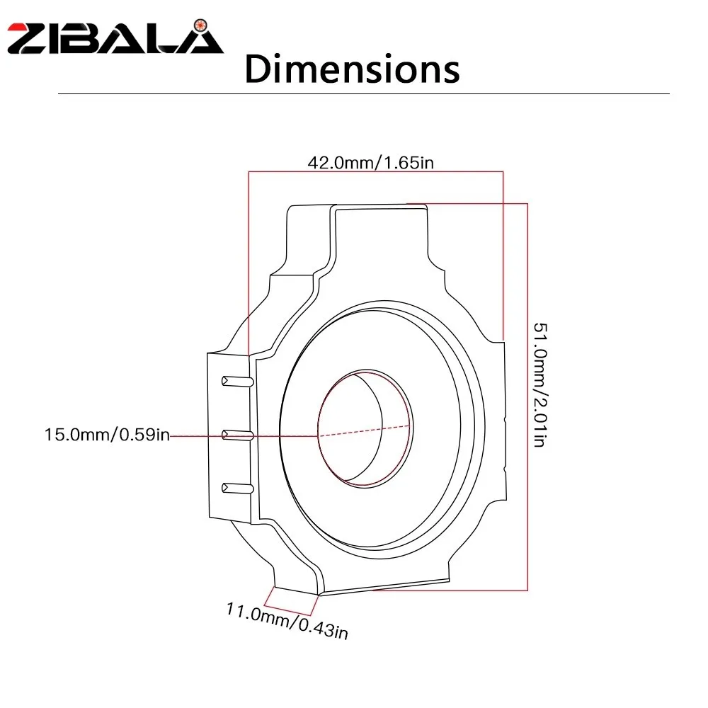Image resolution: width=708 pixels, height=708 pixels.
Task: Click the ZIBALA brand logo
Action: pyautogui.click(x=115, y=37)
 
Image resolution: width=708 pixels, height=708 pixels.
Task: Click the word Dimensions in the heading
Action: pyautogui.click(x=352, y=69)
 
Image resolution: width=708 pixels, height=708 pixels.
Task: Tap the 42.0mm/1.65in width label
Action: pyautogui.click(x=371, y=163)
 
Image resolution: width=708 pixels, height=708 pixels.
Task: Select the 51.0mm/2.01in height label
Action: pyautogui.click(x=540, y=384)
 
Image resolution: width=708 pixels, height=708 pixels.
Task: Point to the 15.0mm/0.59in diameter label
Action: pyautogui.click(x=107, y=435)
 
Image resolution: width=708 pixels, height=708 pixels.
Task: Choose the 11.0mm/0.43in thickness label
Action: pyautogui.click(x=287, y=621)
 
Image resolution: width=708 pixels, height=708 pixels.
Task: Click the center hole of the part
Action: pyautogui.click(x=365, y=428)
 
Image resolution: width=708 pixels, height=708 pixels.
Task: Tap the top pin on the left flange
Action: pyautogui.click(x=237, y=382)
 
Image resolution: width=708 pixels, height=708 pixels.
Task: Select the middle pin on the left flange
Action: pyautogui.click(x=237, y=435)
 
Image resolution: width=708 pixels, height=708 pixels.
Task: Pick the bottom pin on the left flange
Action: pyautogui.click(x=237, y=488)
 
